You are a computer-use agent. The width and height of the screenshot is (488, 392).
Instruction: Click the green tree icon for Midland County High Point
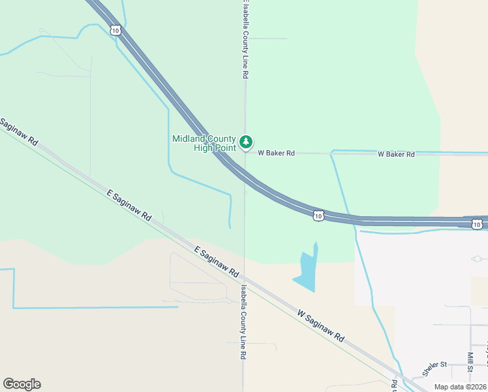pyautogui.click(x=245, y=142)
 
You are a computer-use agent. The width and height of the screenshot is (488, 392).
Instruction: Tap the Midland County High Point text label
pyautogui.click(x=204, y=143)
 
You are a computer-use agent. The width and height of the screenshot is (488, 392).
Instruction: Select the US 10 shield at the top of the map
pyautogui.click(x=115, y=30)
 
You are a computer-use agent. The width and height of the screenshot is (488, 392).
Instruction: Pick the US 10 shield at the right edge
pyautogui.click(x=477, y=225)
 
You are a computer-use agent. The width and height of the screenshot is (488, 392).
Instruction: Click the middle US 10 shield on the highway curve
pyautogui.click(x=318, y=216)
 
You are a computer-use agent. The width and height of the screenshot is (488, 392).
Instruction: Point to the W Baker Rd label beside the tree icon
pyautogui.click(x=276, y=153)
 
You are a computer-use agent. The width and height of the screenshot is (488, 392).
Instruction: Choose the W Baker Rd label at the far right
pyautogui.click(x=397, y=154)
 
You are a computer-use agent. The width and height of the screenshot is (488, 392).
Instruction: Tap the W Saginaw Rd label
pyautogui.click(x=320, y=326)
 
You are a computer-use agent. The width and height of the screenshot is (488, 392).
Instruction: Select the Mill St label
pyautogui.click(x=470, y=361)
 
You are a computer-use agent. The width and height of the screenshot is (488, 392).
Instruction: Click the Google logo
pyautogui.click(x=22, y=384)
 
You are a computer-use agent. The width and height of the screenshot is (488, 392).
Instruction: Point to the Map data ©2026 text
pyautogui.click(x=460, y=387)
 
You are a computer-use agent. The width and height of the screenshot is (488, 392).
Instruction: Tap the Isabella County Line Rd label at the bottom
pyautogui.click(x=242, y=321)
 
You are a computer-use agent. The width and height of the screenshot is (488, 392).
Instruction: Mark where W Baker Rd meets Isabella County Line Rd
pyautogui.click(x=245, y=153)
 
